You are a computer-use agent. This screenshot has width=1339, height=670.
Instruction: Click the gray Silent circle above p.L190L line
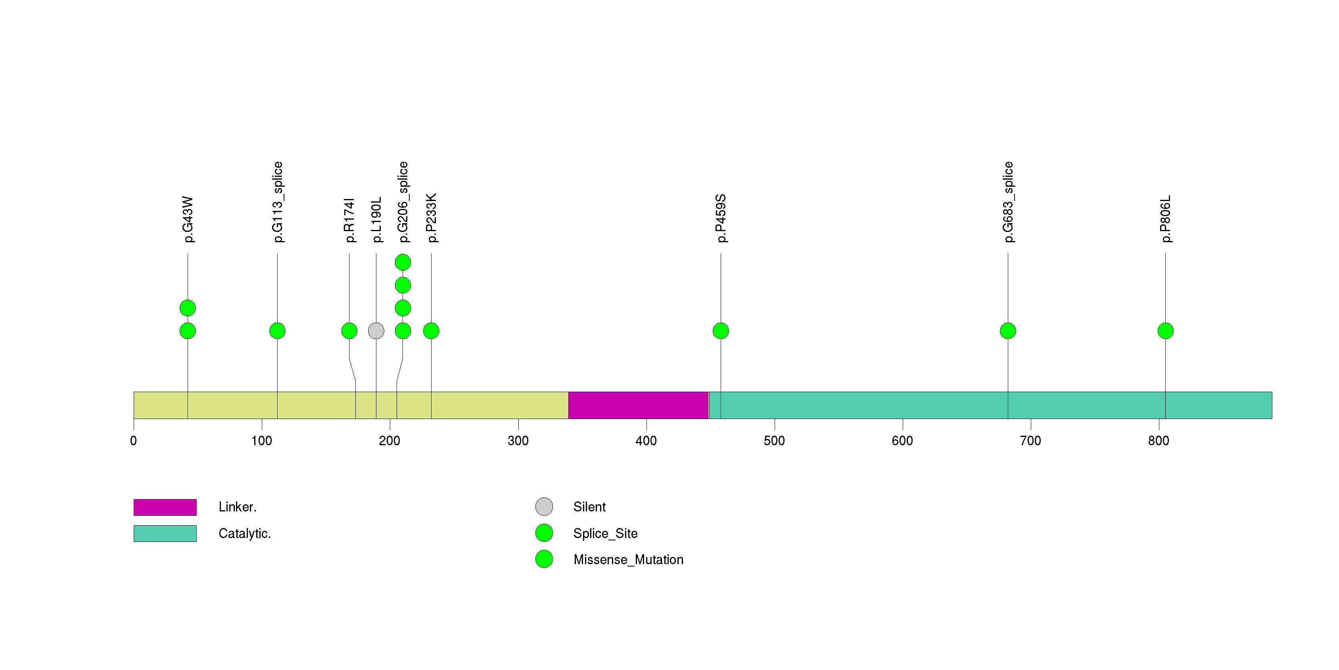(x=376, y=331)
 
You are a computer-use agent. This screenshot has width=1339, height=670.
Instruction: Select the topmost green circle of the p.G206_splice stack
(x=403, y=262)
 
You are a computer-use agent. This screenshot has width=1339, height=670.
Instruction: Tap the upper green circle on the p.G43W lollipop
(x=188, y=308)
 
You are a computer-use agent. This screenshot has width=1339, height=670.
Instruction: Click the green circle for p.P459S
(x=720, y=331)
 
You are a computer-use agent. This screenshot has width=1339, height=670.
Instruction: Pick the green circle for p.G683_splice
(x=1008, y=331)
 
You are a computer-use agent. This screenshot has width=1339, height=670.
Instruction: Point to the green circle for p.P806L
(x=1165, y=331)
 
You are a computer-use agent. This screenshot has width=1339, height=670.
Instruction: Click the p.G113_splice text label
(x=278, y=202)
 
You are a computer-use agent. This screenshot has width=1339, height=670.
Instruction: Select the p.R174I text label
(x=350, y=220)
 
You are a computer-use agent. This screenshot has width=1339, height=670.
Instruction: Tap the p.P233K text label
(x=432, y=218)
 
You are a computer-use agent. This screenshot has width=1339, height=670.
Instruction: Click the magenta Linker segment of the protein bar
(x=638, y=405)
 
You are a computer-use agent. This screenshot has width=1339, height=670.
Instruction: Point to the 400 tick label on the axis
(x=646, y=441)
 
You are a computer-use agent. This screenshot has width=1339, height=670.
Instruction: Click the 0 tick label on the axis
(x=134, y=441)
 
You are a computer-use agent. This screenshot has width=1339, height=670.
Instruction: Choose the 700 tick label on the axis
(x=1030, y=441)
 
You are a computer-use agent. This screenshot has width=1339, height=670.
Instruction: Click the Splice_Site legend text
(x=605, y=533)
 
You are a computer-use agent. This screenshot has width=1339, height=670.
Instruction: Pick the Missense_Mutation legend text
(x=628, y=559)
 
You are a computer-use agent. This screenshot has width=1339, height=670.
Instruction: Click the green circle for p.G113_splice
(x=278, y=331)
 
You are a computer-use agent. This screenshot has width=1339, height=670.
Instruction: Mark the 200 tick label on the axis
(x=389, y=441)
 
